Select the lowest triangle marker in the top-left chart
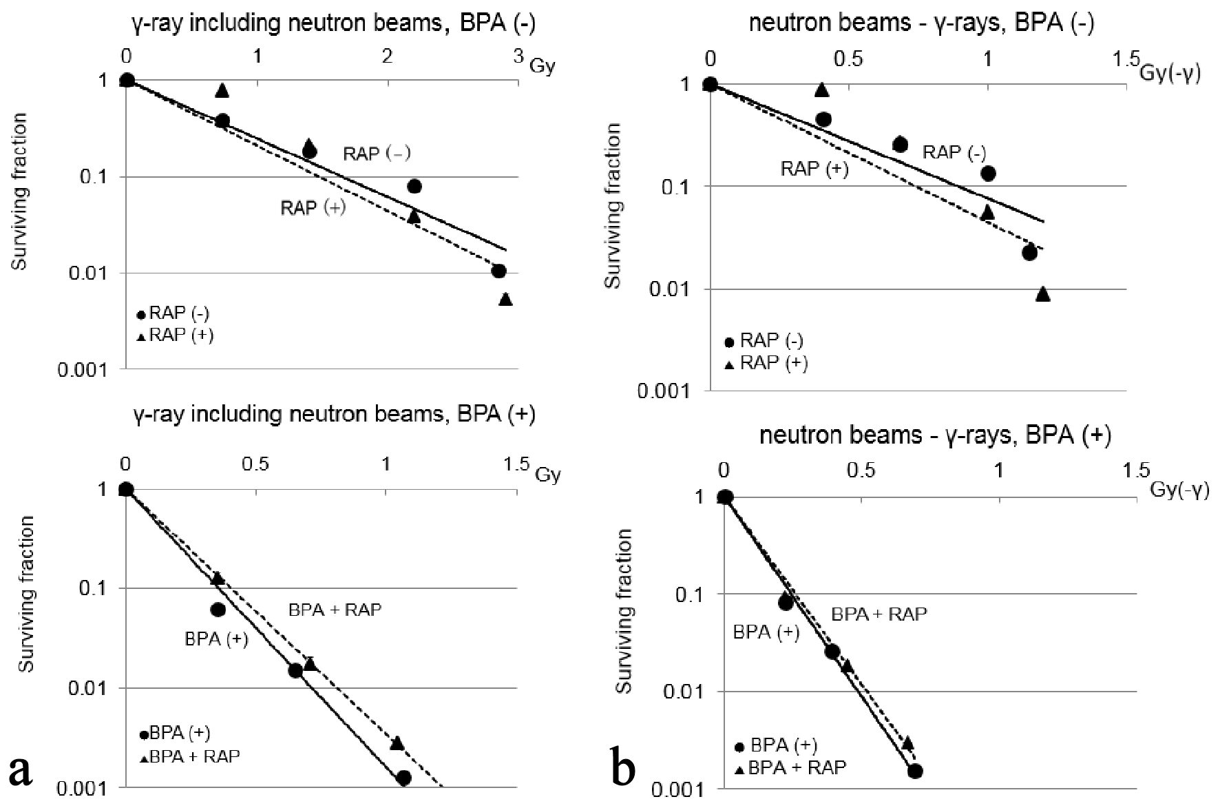(505, 299)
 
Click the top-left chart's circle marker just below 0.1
(414, 186)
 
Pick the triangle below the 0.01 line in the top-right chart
(1043, 294)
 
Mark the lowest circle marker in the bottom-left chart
(403, 778)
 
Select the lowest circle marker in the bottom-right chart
(915, 771)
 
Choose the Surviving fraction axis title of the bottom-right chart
(624, 611)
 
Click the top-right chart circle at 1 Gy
(988, 173)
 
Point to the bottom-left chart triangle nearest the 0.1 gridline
(218, 578)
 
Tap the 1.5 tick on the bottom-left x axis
(517, 464)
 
